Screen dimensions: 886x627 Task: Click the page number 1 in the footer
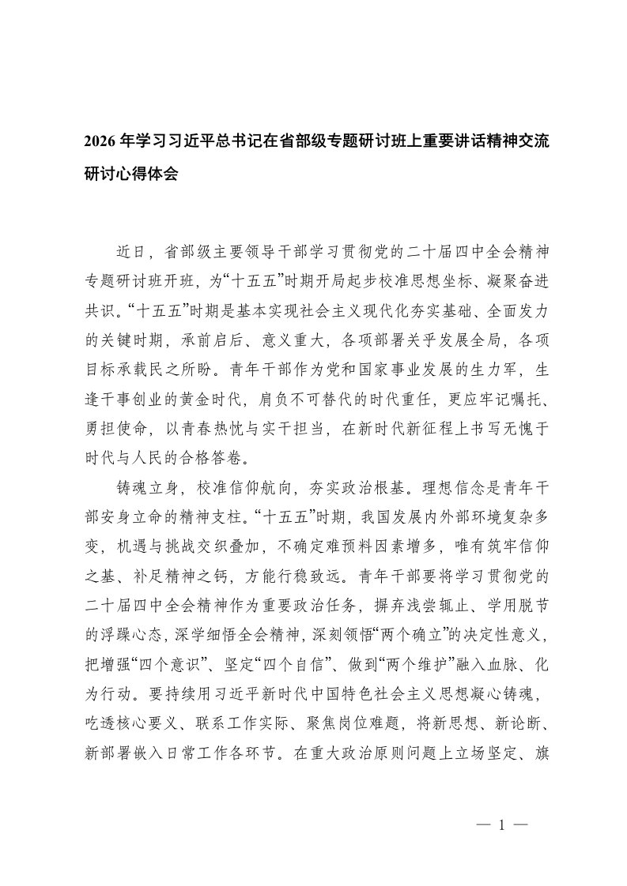point(500,827)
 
